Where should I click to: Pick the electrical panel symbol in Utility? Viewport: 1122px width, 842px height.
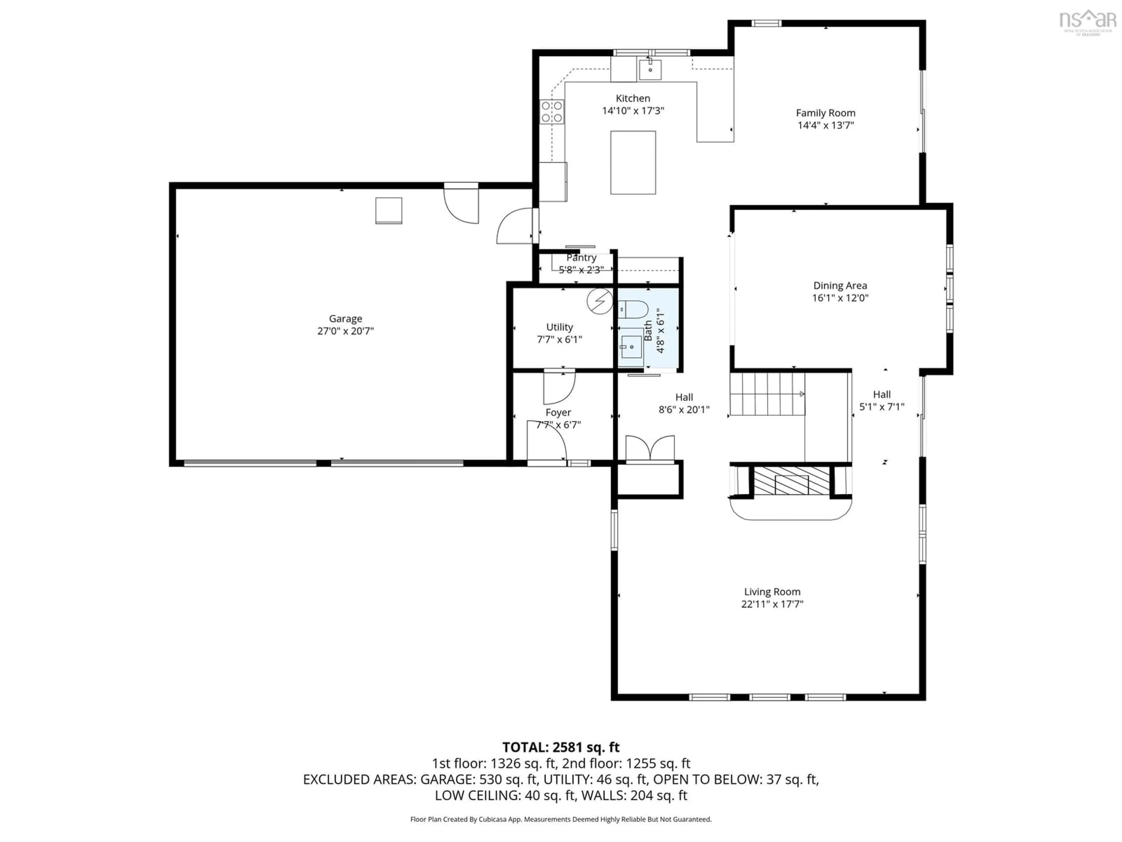pyautogui.click(x=600, y=301)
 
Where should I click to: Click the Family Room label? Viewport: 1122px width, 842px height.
pyautogui.click(x=825, y=113)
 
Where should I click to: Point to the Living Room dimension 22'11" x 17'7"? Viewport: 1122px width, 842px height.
pyautogui.click(x=772, y=604)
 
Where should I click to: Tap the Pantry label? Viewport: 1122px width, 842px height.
pyautogui.click(x=581, y=258)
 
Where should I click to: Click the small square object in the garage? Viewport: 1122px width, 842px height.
pyautogui.click(x=389, y=210)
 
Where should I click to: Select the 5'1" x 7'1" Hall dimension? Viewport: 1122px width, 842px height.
pyautogui.click(x=882, y=407)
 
